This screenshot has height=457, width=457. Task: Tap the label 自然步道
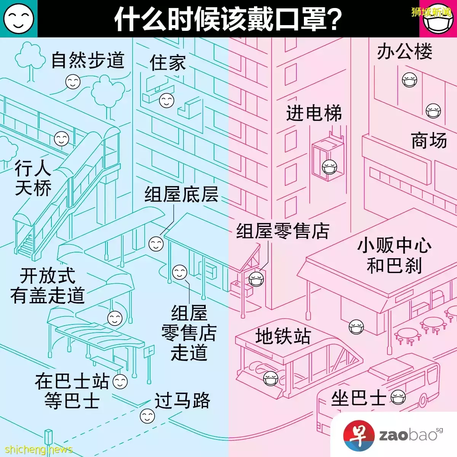point(88,61)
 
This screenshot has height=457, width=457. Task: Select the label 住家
point(168,62)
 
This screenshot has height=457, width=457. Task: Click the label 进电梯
point(314,113)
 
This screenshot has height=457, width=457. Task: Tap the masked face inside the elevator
point(329,168)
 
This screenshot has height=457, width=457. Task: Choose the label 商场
point(429,141)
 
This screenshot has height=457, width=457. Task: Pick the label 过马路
point(182,401)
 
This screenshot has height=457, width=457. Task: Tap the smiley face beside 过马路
point(147,416)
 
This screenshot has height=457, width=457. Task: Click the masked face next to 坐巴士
point(398,398)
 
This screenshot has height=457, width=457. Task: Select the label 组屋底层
point(181,194)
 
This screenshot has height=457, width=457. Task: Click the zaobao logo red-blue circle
point(359,435)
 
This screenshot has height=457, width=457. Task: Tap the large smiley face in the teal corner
point(19,19)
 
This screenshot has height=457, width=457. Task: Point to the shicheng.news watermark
point(39,449)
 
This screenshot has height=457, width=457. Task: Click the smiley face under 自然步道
point(73,82)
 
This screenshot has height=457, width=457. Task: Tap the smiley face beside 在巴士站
point(120,382)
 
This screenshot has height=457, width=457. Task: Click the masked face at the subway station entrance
point(271,378)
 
